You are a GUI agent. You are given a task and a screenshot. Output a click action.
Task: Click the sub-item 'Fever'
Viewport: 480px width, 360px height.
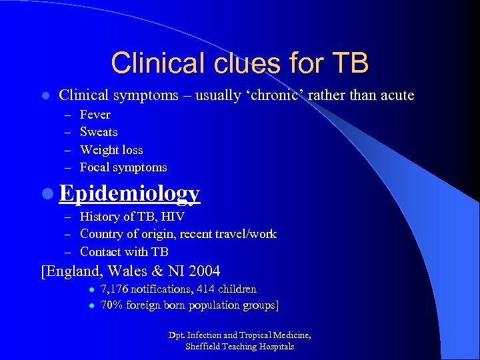tap(95, 115)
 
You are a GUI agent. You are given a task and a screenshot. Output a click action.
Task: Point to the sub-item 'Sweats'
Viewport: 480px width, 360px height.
tap(99, 132)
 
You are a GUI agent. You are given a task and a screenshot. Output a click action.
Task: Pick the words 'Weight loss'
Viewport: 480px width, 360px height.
tap(111, 150)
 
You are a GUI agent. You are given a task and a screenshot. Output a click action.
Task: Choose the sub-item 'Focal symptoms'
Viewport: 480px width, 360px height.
tap(123, 167)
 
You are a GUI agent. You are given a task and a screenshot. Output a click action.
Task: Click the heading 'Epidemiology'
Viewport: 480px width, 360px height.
tap(129, 193)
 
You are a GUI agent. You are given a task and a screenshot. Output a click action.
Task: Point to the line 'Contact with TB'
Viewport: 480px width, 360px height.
tap(124, 252)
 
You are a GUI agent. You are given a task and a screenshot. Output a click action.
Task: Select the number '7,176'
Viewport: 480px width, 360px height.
tap(115, 289)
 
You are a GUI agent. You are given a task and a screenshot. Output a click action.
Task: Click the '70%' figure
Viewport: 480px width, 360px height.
tap(112, 305)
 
